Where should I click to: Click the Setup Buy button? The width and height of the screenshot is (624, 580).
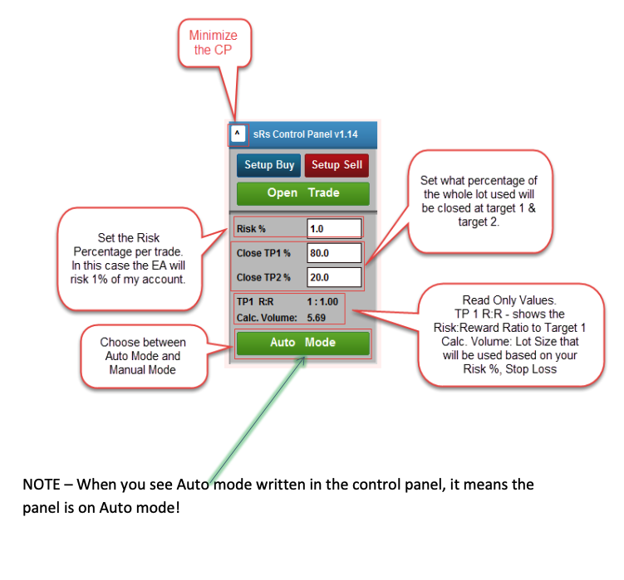pos(268,165)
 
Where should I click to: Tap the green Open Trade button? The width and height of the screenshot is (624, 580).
pos(302,193)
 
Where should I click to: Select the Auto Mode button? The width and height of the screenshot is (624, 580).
pos(302,343)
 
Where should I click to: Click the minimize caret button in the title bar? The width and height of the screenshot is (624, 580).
pos(237,134)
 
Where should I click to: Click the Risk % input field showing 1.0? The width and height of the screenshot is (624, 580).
pos(334,228)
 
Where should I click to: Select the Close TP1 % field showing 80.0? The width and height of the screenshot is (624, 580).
pos(334,253)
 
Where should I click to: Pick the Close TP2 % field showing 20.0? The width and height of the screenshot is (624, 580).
pos(334,277)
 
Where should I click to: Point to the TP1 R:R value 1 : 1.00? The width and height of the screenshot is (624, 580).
pos(322,302)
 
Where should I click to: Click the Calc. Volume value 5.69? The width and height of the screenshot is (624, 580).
pos(317,318)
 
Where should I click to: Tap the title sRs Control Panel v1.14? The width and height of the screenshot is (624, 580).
pos(305,134)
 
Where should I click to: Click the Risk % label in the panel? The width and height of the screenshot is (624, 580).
pos(251,229)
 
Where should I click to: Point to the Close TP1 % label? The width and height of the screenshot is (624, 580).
pos(263,253)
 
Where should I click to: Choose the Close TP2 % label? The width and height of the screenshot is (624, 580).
pos(263,277)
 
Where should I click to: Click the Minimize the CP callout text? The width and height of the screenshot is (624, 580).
pos(214,42)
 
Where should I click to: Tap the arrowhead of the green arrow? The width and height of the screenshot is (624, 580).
pos(302,359)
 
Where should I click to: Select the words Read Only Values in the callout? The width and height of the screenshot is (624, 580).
pos(509,300)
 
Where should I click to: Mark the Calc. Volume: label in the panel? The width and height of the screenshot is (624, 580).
pos(267,318)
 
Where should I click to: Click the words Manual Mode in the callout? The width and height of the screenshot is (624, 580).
pos(142,370)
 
